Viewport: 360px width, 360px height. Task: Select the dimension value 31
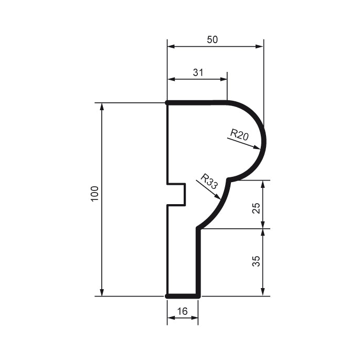click(x=197, y=72)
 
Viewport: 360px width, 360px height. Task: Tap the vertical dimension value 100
click(x=94, y=195)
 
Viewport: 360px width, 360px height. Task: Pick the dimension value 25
click(x=256, y=208)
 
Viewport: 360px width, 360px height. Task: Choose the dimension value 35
click(x=256, y=261)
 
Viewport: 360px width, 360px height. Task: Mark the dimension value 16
click(x=182, y=311)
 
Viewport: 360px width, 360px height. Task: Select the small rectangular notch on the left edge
click(x=177, y=195)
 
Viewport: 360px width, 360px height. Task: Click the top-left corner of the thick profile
click(x=167, y=102)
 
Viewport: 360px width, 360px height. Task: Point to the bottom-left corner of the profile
click(x=167, y=297)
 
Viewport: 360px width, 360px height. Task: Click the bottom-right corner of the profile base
click(x=198, y=297)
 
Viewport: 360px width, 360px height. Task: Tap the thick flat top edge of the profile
click(x=197, y=102)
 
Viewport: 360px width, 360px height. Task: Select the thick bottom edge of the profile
click(x=183, y=297)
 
